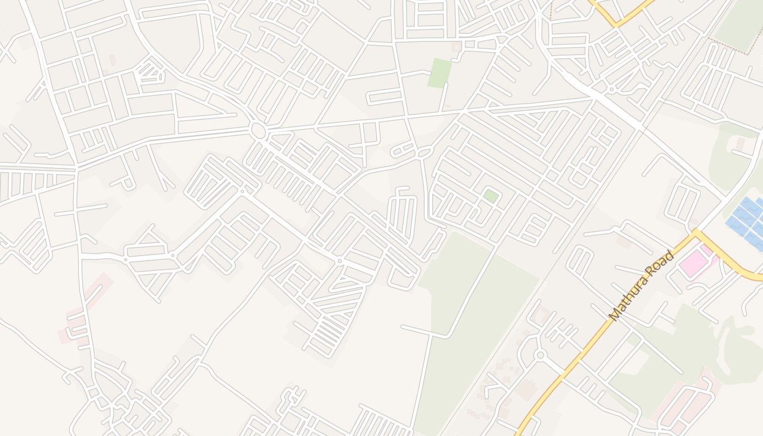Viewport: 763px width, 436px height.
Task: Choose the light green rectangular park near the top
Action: (439, 73)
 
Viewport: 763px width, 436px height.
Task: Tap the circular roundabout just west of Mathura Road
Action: (540, 355)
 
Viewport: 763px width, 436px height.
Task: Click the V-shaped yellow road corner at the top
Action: (616, 25)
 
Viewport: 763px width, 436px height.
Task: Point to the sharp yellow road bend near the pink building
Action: (696, 233)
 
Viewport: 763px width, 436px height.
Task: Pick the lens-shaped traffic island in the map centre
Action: (424, 153)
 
